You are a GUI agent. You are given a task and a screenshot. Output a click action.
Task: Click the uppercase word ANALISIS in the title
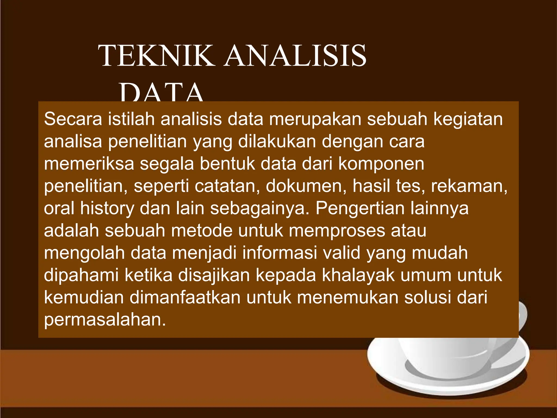pos(295,56)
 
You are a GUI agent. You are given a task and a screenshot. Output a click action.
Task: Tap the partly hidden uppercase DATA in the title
pos(162,93)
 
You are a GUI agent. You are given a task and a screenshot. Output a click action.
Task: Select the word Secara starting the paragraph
pos(73,119)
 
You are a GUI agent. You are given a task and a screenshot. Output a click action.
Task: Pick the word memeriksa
pos(89,164)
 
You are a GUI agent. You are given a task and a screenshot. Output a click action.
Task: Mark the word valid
pos(341,253)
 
